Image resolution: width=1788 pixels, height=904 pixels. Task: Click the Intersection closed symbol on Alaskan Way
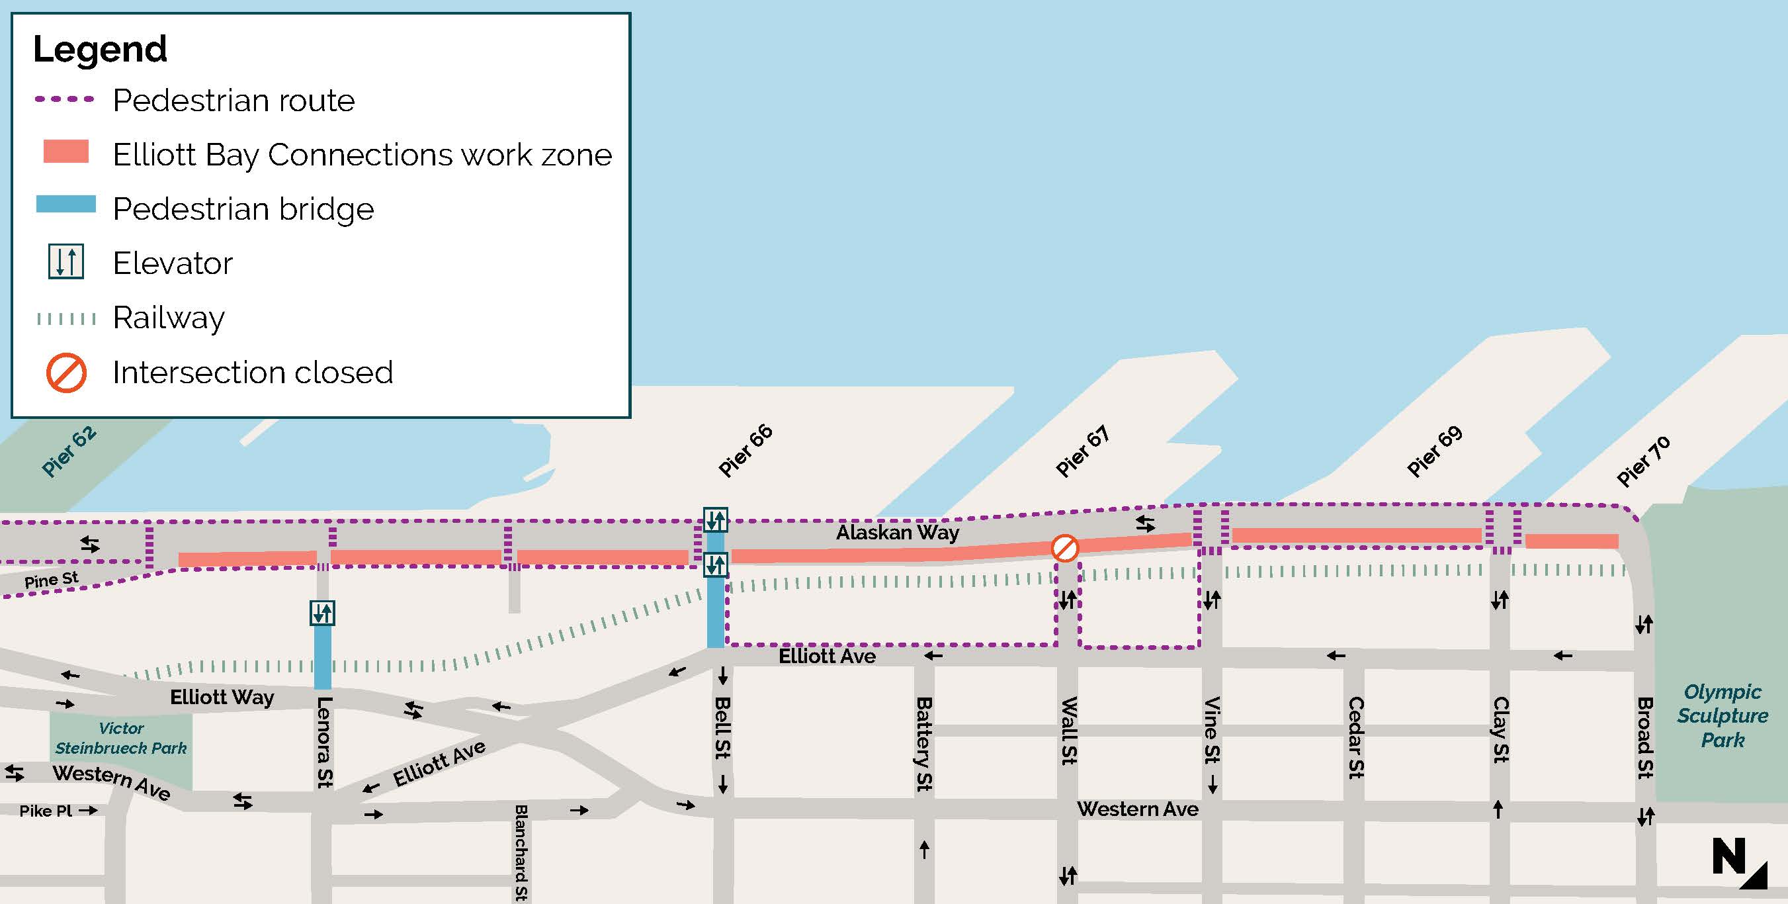[x=1064, y=548]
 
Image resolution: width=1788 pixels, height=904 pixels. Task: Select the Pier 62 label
[x=68, y=451]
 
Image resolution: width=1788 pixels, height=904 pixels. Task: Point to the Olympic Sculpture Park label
[x=1722, y=715]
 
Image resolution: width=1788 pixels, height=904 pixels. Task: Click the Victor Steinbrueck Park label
[x=121, y=738]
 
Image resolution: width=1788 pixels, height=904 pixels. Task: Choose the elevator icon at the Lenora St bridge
[x=323, y=613]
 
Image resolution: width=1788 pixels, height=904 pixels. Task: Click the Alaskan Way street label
[x=897, y=533]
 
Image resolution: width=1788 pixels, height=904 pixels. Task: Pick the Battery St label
[x=924, y=744]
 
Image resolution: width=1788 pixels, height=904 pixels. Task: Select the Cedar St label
[x=1355, y=737]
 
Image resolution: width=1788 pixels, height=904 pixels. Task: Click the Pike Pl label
[x=46, y=811]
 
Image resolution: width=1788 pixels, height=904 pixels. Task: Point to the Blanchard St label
[x=521, y=852]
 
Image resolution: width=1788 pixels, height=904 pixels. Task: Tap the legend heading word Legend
[x=100, y=49]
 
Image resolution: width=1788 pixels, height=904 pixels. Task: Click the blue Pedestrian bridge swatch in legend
[x=66, y=204]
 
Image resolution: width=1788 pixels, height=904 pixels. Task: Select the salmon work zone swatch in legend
[x=66, y=152]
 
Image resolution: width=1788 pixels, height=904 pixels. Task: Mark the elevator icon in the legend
[x=66, y=262]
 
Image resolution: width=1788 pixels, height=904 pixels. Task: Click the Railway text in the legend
[x=169, y=318]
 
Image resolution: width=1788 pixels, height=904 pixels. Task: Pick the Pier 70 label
[x=1643, y=461]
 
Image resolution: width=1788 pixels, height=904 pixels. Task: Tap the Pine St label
[x=51, y=580]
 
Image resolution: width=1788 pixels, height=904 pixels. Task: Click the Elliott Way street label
[x=222, y=697]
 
